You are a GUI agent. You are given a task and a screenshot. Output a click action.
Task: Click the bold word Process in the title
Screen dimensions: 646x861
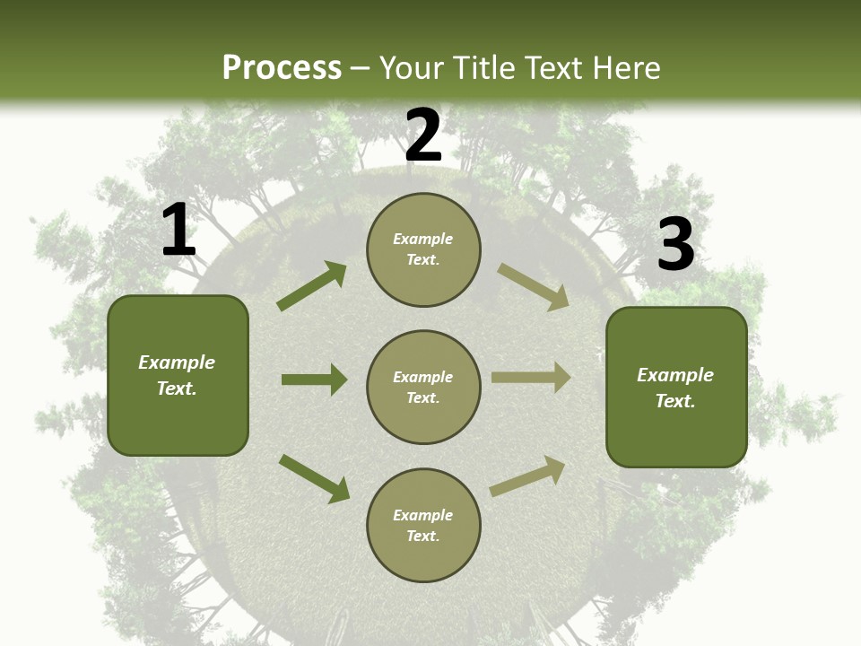click(282, 68)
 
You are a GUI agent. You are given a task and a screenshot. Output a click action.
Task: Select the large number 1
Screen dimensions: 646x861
click(178, 231)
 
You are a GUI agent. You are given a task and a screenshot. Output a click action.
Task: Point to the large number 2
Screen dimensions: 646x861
click(423, 135)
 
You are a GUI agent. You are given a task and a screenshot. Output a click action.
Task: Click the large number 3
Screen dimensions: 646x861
click(675, 244)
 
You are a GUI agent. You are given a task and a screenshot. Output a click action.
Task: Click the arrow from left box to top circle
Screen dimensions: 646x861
click(312, 286)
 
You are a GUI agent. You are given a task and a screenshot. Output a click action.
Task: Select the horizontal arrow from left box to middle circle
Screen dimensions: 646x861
click(314, 380)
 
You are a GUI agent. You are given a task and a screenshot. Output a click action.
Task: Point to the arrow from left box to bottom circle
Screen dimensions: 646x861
click(314, 478)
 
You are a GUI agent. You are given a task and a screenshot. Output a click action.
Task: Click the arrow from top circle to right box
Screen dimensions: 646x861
click(533, 287)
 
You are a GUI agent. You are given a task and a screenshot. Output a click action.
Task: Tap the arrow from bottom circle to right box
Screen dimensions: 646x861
click(527, 476)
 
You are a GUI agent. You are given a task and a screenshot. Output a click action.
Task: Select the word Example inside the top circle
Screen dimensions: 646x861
click(423, 239)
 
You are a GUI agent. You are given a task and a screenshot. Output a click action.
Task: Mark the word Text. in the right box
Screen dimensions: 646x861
click(675, 401)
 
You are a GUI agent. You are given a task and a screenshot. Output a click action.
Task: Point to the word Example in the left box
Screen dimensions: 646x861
click(177, 362)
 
